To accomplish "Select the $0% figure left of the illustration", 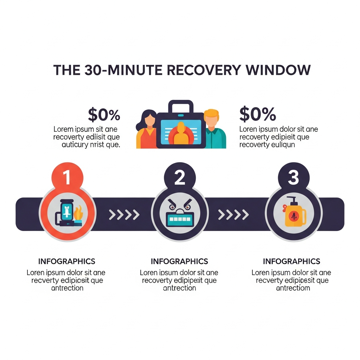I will coord(104,115).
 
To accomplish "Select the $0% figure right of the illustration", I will coord(258,114).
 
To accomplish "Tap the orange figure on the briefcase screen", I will coord(181,134).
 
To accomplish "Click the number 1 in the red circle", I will coord(67,178).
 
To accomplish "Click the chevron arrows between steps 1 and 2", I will coord(124,214).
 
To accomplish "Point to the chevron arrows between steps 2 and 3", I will coord(233,214).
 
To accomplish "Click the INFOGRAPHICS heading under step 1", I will coord(66,262).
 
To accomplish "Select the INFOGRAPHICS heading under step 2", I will coord(179,262).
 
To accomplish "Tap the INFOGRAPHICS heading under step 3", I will coord(291,262).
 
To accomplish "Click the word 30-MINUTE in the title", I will coord(123,70).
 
